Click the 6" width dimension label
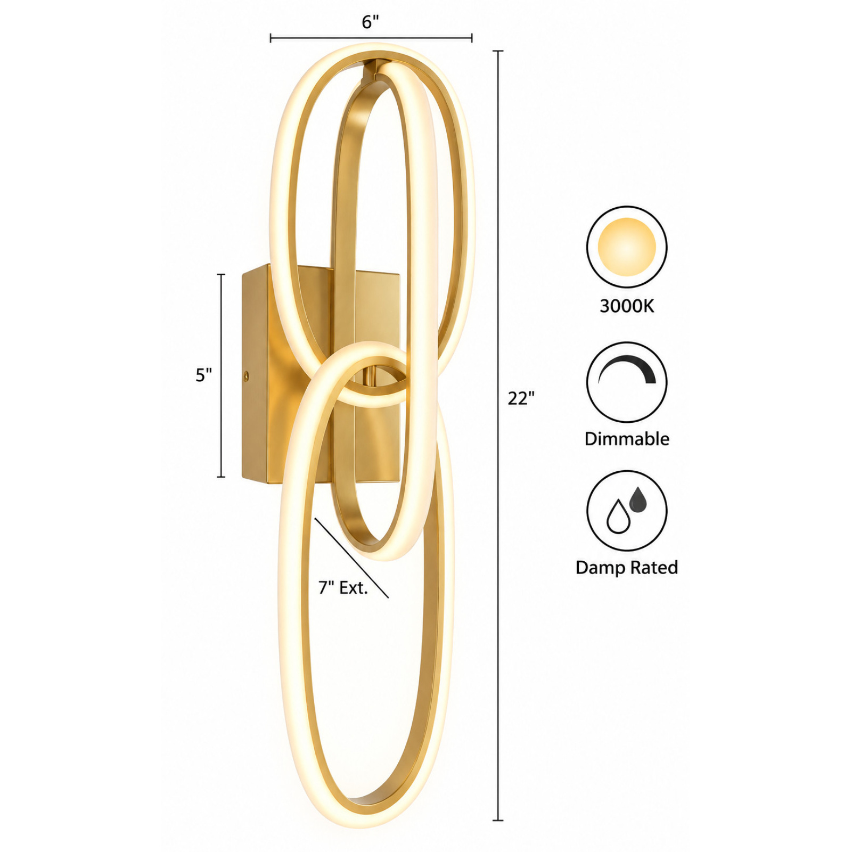click(x=371, y=22)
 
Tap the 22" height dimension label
click(x=521, y=398)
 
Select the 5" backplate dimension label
click(x=203, y=375)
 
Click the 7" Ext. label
click(x=343, y=588)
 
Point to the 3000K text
click(x=627, y=306)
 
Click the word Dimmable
click(x=627, y=439)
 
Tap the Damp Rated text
click(x=627, y=568)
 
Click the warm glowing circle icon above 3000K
click(x=627, y=247)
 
